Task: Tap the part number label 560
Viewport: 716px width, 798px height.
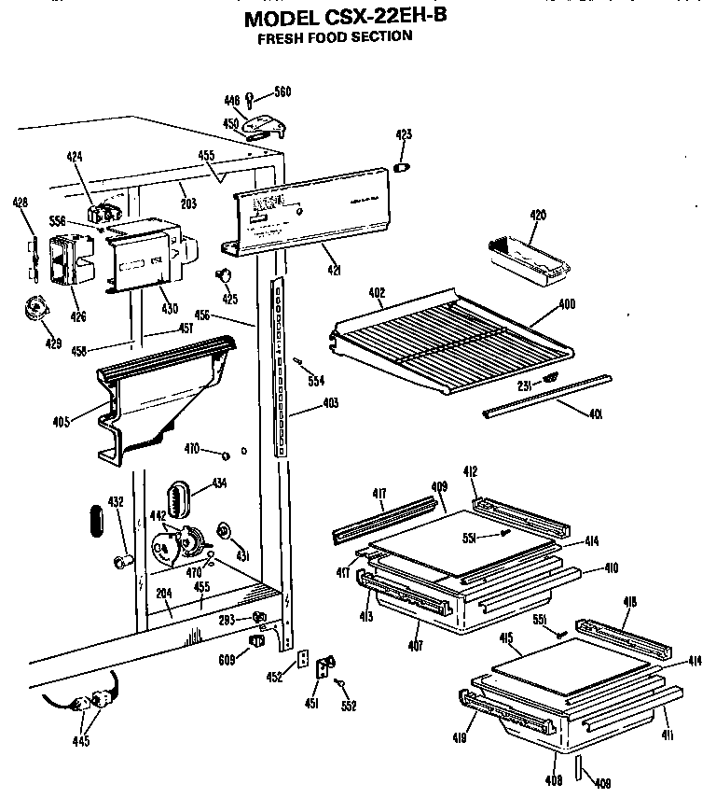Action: tap(282, 91)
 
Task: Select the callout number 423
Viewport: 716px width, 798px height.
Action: tap(404, 135)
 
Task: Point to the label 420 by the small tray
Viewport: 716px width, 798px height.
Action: tap(537, 216)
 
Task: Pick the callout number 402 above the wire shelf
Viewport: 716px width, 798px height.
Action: tap(377, 292)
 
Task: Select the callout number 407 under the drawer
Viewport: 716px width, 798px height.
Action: tap(416, 646)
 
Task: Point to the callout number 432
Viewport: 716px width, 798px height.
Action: tap(116, 502)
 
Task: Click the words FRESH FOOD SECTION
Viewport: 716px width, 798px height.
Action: tap(335, 38)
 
